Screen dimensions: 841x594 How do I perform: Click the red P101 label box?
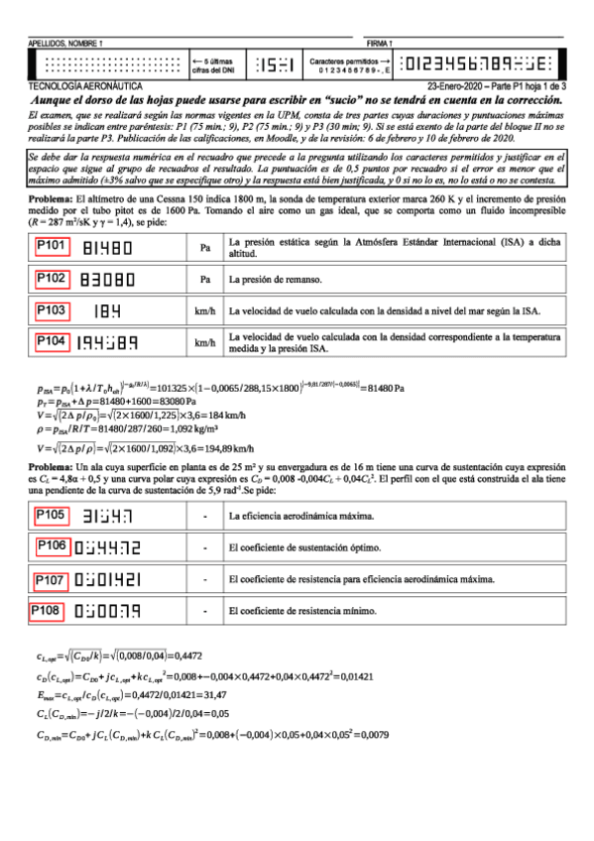[x=52, y=246]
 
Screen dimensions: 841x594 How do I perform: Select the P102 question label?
[x=52, y=278]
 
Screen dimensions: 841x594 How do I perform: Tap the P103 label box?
[x=52, y=310]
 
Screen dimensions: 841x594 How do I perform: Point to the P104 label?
[x=52, y=342]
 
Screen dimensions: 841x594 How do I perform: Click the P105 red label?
[x=52, y=515]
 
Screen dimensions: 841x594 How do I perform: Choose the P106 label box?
[x=54, y=545]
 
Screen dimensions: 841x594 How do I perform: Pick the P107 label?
[x=52, y=579]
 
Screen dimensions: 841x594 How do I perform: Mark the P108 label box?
[x=50, y=610]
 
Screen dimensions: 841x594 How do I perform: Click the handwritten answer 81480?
[x=108, y=248]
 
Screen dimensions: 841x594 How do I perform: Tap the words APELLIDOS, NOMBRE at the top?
[x=67, y=45]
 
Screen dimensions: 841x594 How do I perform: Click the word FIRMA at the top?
[x=379, y=45]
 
